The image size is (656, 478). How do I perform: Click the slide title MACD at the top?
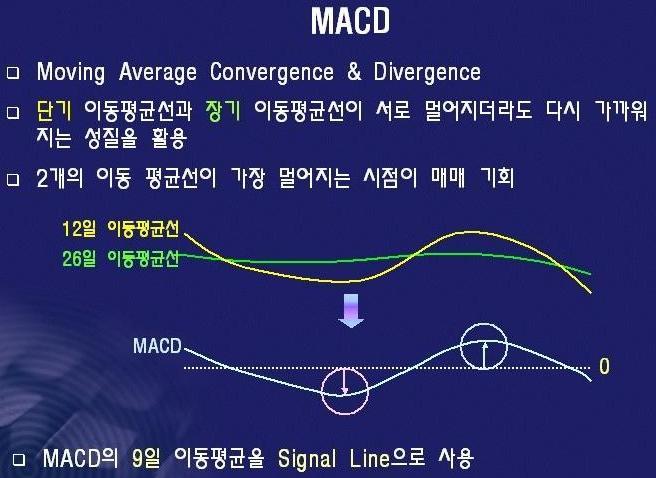351,21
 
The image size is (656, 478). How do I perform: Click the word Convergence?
272,72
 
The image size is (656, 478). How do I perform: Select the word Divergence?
427,72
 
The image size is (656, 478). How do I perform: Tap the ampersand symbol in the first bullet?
354,72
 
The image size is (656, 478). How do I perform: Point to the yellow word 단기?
54,111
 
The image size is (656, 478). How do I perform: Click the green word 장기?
223,111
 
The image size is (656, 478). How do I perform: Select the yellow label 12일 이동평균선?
121,229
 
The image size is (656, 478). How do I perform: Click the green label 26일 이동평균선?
121,258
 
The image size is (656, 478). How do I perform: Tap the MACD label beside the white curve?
157,346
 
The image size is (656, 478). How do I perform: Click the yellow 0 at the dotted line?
604,366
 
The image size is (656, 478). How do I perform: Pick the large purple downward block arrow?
351,310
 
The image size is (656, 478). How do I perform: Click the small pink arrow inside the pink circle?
344,381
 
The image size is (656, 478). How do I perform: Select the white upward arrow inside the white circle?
484,356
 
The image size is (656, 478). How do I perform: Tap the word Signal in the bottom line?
307,459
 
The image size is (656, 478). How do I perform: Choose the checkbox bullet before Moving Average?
13,73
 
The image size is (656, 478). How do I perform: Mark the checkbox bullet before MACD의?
19,460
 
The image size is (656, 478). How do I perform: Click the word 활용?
169,138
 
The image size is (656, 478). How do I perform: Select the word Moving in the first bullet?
71,72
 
